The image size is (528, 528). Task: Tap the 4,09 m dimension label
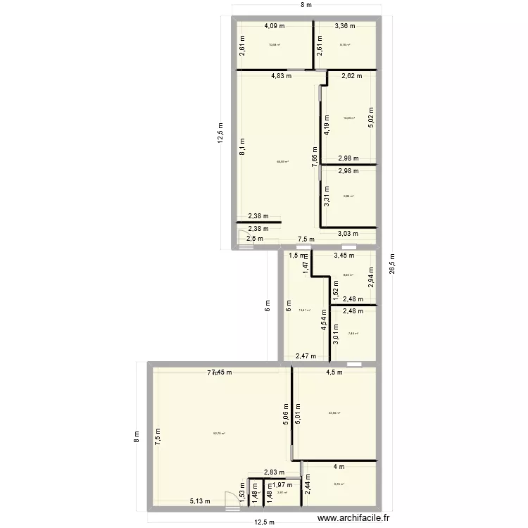click(275, 26)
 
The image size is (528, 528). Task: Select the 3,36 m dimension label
click(345, 26)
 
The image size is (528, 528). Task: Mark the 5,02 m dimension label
click(371, 116)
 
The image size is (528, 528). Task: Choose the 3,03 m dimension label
click(348, 234)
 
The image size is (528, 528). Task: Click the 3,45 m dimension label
click(345, 256)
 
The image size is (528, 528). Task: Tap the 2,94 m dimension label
click(371, 279)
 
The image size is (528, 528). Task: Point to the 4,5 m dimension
click(333, 372)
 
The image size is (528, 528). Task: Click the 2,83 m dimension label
click(274, 473)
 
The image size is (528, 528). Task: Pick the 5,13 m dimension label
click(199, 501)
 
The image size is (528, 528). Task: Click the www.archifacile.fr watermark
click(353, 517)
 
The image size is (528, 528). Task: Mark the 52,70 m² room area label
click(220, 434)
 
